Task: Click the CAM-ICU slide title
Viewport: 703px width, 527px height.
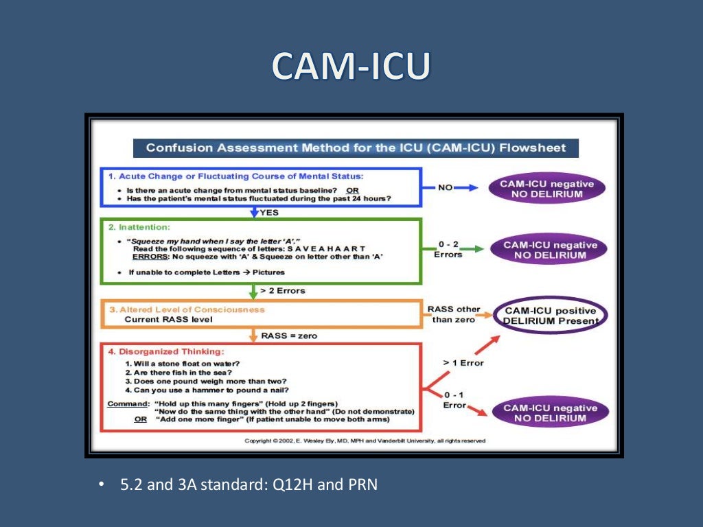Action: [x=351, y=67]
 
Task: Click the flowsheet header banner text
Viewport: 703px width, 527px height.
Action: [x=355, y=148]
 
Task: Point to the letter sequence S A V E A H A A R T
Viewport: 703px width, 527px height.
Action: [x=326, y=248]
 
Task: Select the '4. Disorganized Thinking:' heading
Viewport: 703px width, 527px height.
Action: [x=166, y=351]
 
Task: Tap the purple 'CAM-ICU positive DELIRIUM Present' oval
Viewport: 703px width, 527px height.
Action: [x=551, y=316]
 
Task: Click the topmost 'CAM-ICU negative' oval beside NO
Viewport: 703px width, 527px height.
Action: [x=546, y=189]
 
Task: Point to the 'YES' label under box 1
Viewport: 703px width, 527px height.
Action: [x=269, y=213]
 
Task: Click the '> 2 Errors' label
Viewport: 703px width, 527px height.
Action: [x=284, y=291]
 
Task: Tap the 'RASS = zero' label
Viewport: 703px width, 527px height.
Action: [x=289, y=336]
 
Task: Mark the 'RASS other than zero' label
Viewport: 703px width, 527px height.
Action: [x=453, y=314]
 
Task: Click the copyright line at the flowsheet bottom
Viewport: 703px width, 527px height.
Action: [x=365, y=441]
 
